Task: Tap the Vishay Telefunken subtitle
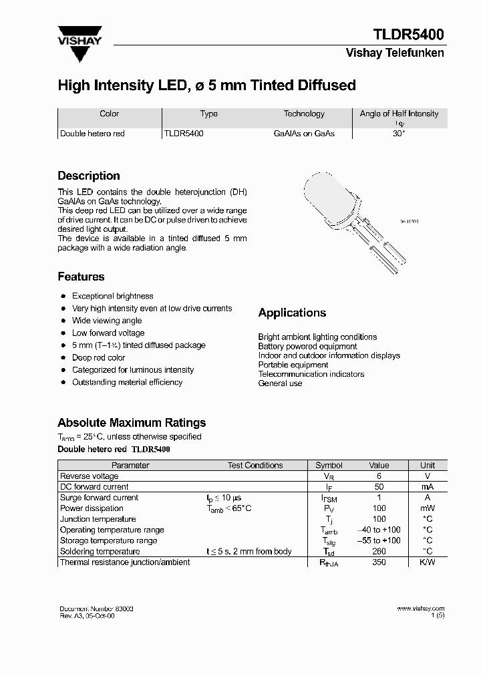pyautogui.click(x=394, y=53)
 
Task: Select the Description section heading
pyautogui.click(x=89, y=176)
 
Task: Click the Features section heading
pyautogui.click(x=81, y=277)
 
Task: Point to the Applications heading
pyautogui.click(x=292, y=313)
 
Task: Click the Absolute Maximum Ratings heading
pyautogui.click(x=132, y=422)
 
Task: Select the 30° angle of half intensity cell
pyautogui.click(x=399, y=134)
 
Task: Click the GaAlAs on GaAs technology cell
pyautogui.click(x=304, y=134)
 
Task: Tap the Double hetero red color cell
pyautogui.click(x=92, y=134)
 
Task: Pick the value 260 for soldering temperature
pyautogui.click(x=379, y=551)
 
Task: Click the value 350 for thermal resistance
pyautogui.click(x=379, y=562)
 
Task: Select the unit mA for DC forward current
pyautogui.click(x=428, y=487)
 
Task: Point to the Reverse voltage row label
pyautogui.click(x=89, y=476)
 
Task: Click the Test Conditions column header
pyautogui.click(x=255, y=465)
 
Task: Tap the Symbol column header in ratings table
pyautogui.click(x=329, y=465)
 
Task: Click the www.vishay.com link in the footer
pyautogui.click(x=420, y=609)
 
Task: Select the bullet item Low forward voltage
pyautogui.click(x=108, y=333)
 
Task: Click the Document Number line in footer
pyautogui.click(x=96, y=609)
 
